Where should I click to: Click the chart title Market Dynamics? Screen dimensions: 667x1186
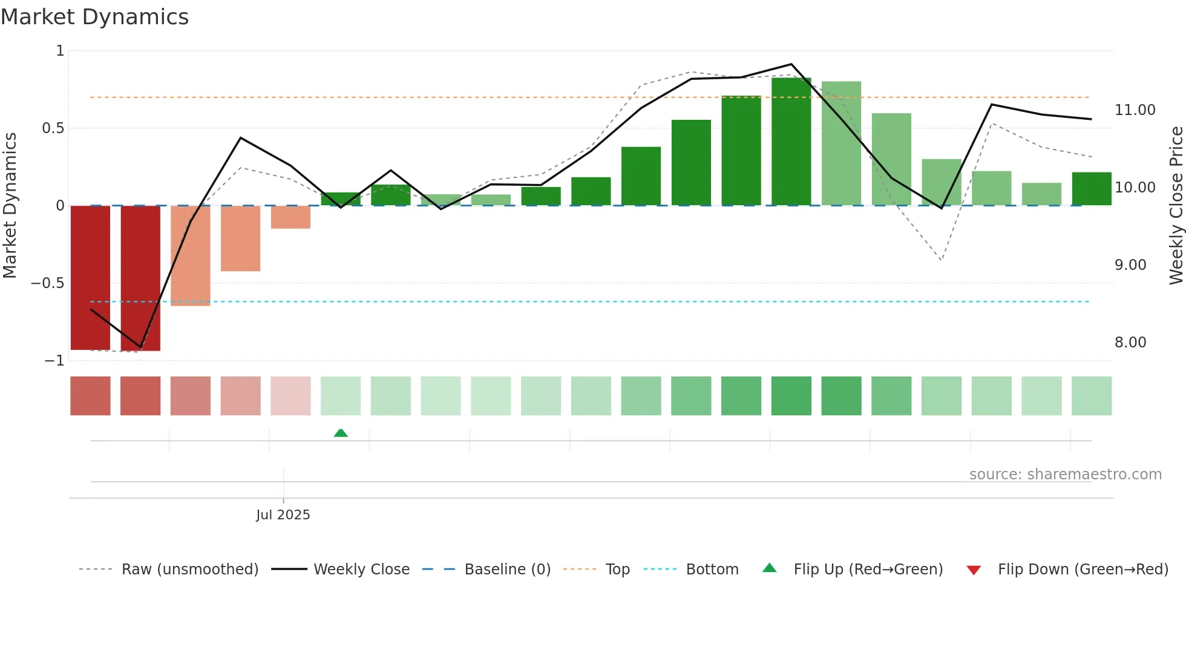[94, 17]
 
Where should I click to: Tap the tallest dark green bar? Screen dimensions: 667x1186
[791, 142]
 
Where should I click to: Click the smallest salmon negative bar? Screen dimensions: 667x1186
[290, 217]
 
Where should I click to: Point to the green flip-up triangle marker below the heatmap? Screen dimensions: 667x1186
[341, 433]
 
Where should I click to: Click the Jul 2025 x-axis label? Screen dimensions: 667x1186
[283, 515]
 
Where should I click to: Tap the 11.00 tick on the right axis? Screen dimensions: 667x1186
[1135, 110]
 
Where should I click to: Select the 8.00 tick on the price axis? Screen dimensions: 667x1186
[1130, 343]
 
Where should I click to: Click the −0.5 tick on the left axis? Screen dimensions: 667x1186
[47, 283]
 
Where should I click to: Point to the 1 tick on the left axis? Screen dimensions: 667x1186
[60, 51]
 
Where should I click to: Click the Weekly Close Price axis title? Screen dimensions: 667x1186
[1176, 205]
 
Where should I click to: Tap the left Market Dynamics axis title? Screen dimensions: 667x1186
[10, 205]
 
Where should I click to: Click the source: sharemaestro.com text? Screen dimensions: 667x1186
[1065, 475]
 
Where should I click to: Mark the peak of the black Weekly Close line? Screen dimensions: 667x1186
[791, 64]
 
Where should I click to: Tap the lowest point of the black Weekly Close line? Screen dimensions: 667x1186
[140, 347]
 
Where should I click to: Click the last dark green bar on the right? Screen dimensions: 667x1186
[1091, 189]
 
